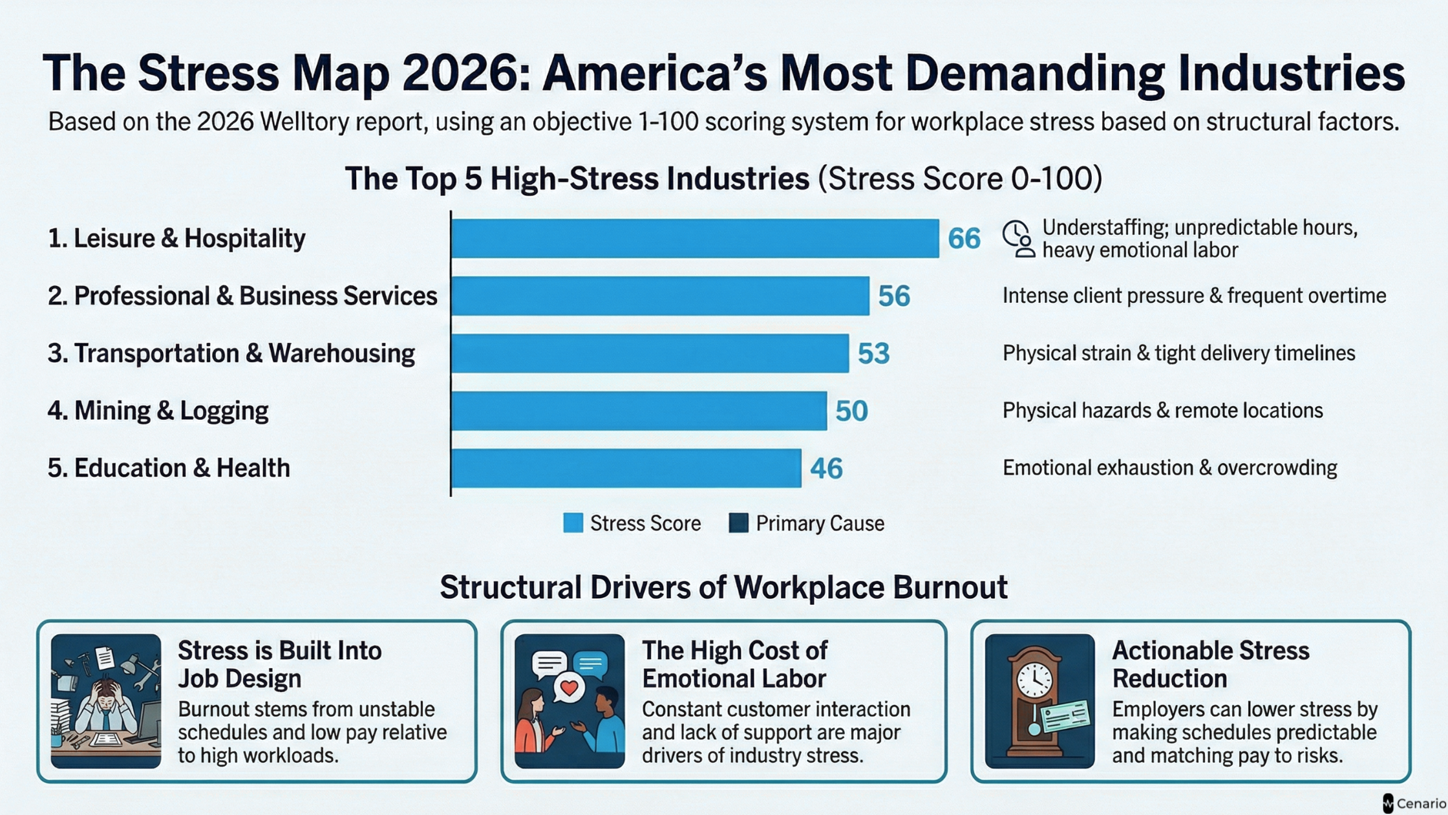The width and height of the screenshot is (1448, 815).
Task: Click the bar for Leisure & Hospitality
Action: pyautogui.click(x=695, y=238)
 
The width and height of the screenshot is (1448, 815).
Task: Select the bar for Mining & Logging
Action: pyautogui.click(x=639, y=411)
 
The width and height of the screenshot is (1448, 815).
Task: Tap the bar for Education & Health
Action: pyautogui.click(x=626, y=468)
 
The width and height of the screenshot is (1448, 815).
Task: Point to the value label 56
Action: pyautogui.click(x=894, y=296)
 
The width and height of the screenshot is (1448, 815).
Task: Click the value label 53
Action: pyautogui.click(x=873, y=354)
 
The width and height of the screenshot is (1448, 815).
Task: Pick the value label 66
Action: pyautogui.click(x=964, y=239)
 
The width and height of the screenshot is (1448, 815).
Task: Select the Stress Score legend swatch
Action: pyautogui.click(x=573, y=523)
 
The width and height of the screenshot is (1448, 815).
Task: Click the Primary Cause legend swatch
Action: pyautogui.click(x=738, y=523)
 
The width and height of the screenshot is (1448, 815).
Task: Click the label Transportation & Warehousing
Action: pyautogui.click(x=231, y=354)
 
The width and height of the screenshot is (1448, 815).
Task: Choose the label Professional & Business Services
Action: pyautogui.click(x=242, y=296)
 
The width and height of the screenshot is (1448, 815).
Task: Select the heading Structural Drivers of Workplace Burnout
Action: pyautogui.click(x=723, y=587)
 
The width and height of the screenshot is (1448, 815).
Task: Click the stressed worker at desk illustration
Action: pyautogui.click(x=106, y=701)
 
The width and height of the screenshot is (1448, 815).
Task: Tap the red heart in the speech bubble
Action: pyautogui.click(x=569, y=688)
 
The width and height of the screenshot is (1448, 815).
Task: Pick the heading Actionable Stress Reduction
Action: pyautogui.click(x=1210, y=664)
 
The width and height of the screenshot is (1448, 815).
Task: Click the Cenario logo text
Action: pyautogui.click(x=1421, y=803)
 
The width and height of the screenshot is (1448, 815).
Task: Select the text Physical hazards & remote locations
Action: pyautogui.click(x=1162, y=411)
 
